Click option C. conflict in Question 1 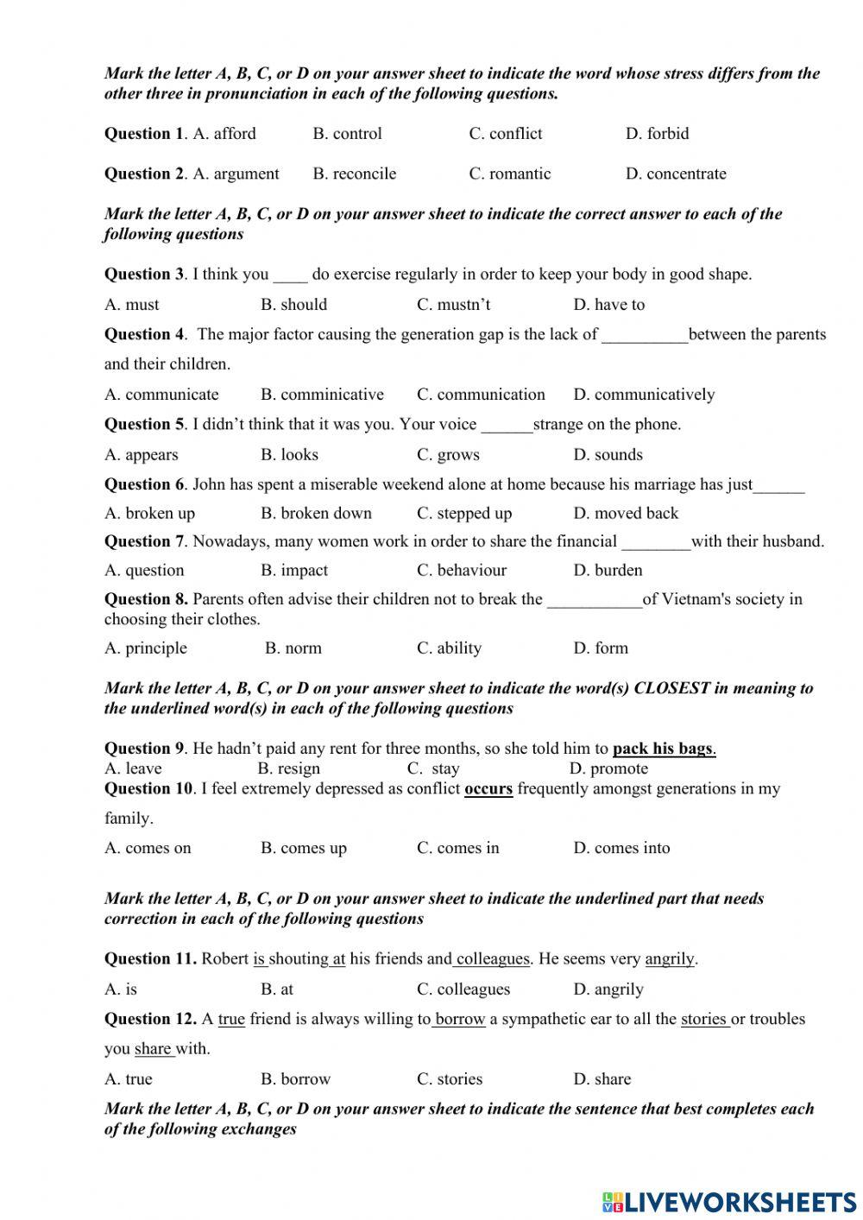coord(506,134)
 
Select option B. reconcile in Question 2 coord(355,174)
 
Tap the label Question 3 coord(143,275)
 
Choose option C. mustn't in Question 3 coord(453,305)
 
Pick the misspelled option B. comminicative coord(322,395)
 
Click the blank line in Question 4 coord(645,337)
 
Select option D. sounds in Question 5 coord(608,455)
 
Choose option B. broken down coord(316,513)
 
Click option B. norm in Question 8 coord(293,648)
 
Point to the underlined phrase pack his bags coord(663,749)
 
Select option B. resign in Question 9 coord(288,768)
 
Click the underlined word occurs coord(488,788)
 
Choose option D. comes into coord(621,848)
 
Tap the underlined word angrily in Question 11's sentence coord(670,958)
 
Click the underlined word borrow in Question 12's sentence coord(460,1019)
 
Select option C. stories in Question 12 coord(450,1079)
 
